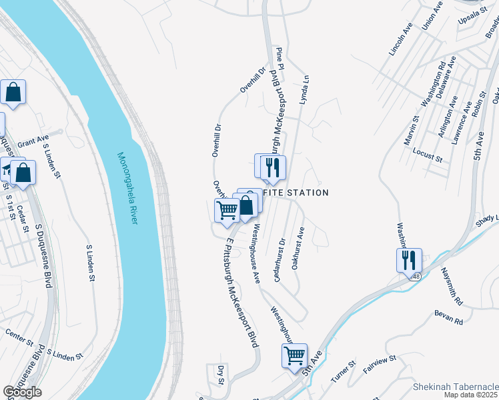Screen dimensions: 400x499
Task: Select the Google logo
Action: tap(23, 392)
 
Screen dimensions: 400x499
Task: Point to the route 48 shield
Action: tap(415, 276)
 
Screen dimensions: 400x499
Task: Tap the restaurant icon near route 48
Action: tap(408, 259)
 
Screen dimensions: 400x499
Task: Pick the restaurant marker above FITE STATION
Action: tap(273, 167)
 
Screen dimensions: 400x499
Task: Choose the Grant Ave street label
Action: tap(33, 142)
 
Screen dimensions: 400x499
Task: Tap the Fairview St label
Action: tap(380, 364)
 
